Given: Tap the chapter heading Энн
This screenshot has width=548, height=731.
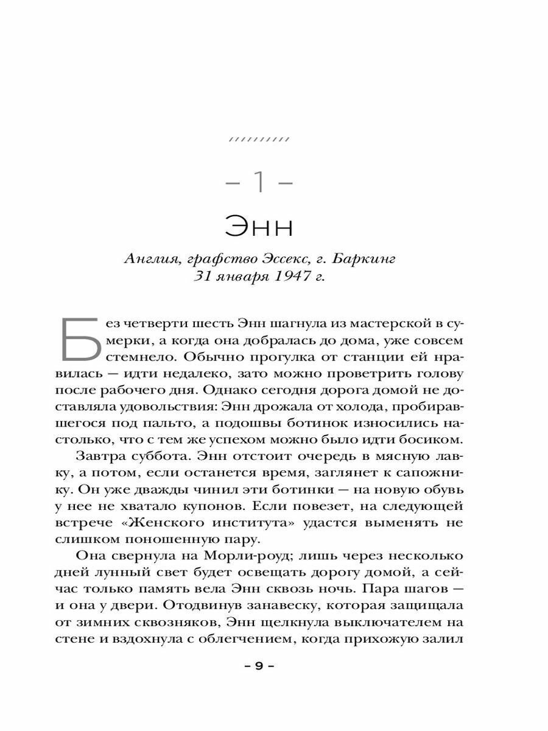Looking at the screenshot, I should (x=259, y=227).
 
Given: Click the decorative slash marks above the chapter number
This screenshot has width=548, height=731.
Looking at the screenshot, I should (x=259, y=139).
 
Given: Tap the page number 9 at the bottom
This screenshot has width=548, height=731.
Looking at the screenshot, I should (x=259, y=666).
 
